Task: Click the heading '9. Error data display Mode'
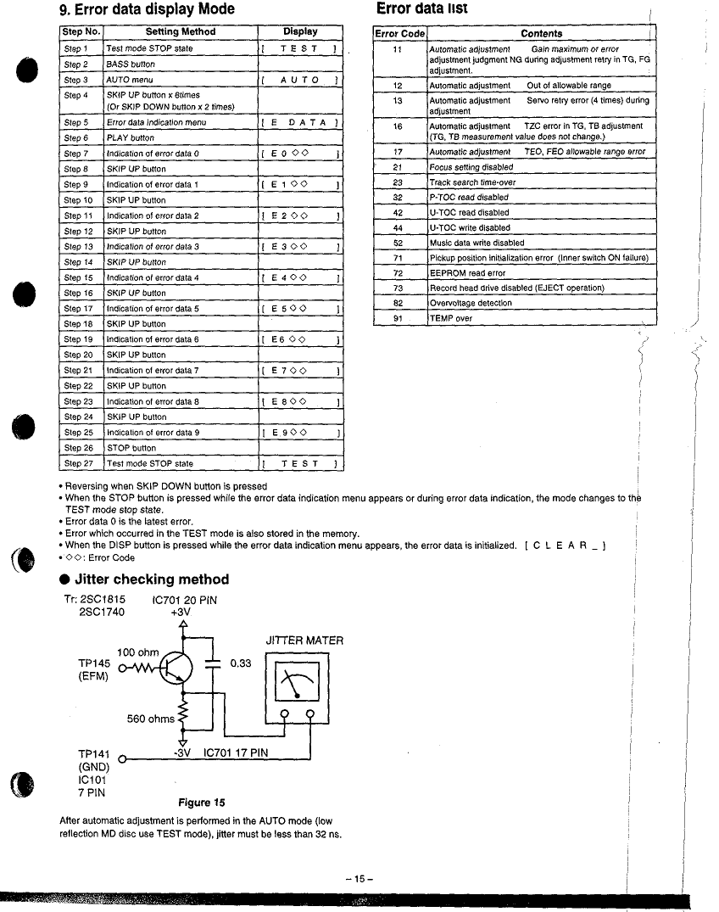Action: [x=147, y=9]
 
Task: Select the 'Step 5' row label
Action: [x=76, y=123]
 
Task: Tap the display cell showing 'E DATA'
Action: [x=300, y=123]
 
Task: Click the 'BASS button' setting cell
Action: [x=131, y=64]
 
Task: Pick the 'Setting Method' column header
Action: [x=181, y=32]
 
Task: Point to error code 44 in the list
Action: [x=398, y=228]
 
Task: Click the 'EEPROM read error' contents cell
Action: [x=467, y=273]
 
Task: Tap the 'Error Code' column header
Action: [x=400, y=34]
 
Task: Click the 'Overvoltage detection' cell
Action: [x=471, y=303]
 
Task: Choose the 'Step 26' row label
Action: [x=79, y=449]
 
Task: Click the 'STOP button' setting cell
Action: [x=131, y=449]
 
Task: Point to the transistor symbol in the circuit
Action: [x=176, y=668]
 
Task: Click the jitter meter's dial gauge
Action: [x=297, y=682]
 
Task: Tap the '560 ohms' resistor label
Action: [x=151, y=719]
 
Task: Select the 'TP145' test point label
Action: [x=94, y=663]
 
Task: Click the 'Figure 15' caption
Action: [x=201, y=803]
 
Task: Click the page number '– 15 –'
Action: [x=359, y=879]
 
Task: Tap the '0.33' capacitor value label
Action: [x=241, y=663]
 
